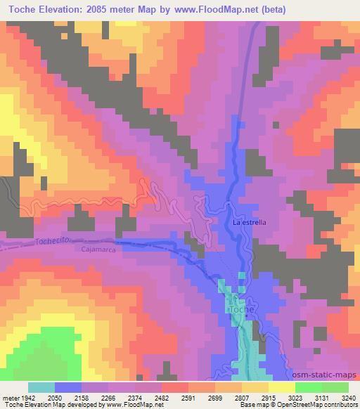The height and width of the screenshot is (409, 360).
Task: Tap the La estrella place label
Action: click(250, 223)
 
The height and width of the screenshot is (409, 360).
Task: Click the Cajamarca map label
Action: click(98, 249)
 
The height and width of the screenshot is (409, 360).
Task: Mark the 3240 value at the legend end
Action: click(347, 398)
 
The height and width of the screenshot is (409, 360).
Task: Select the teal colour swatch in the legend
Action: click(41, 387)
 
